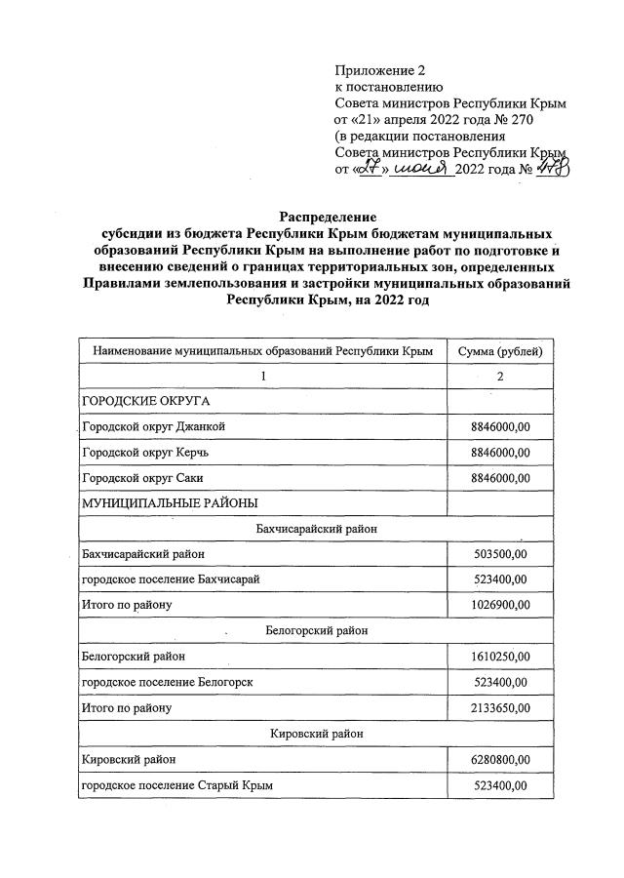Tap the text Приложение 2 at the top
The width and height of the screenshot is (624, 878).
coord(380,70)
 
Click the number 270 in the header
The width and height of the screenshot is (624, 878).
coord(524,119)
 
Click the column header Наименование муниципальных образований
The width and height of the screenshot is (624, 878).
coord(262,350)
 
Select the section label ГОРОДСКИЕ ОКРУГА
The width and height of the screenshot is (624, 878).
coord(146,401)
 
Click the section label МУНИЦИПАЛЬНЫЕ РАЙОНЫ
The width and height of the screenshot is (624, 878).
coord(170,502)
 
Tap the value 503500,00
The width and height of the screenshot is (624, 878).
coord(499,554)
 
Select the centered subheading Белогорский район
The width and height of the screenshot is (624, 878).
coord(312,631)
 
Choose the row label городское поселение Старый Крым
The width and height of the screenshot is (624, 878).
coord(175,784)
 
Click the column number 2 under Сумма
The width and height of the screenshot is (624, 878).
coord(500,376)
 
